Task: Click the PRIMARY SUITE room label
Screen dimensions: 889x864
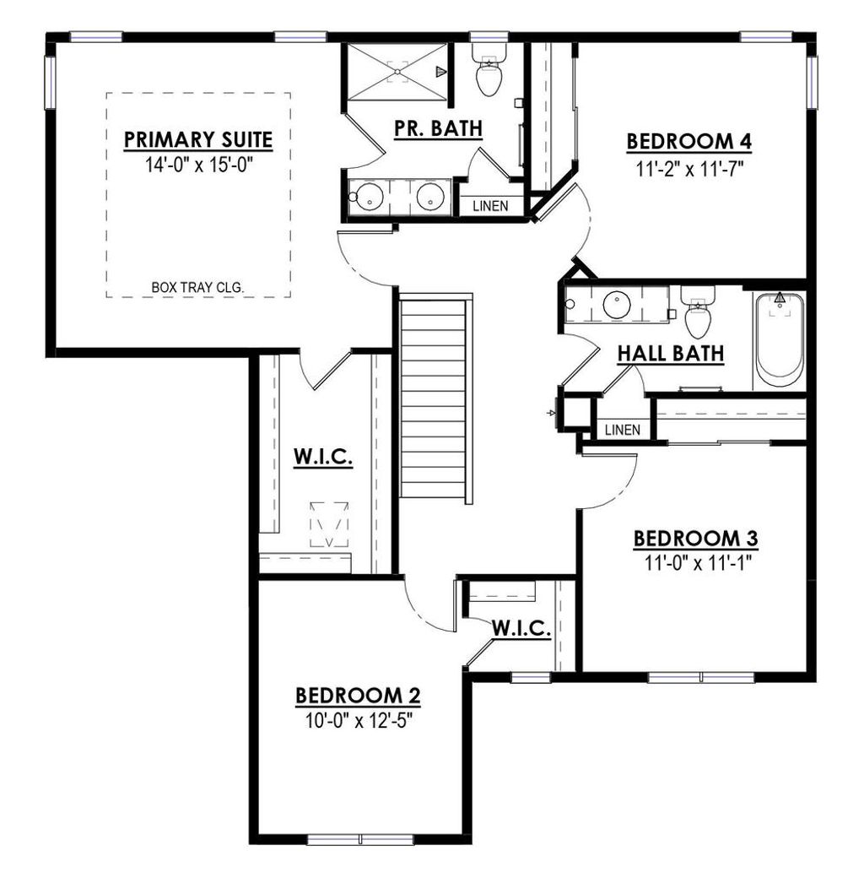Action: [198, 138]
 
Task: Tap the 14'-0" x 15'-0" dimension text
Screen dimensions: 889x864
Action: [198, 164]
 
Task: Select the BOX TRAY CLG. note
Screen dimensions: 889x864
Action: [198, 288]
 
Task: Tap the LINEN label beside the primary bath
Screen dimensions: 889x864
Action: [490, 205]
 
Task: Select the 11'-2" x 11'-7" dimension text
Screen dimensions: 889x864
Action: [688, 168]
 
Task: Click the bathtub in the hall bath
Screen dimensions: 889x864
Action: [779, 339]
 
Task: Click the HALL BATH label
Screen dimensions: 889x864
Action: [671, 354]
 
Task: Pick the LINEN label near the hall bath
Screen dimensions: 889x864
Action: [623, 430]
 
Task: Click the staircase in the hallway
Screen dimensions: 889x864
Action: [434, 397]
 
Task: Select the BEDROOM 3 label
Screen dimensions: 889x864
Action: [696, 539]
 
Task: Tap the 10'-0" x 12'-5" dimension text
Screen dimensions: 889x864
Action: [358, 722]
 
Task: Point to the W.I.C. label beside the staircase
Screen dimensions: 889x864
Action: [322, 458]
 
